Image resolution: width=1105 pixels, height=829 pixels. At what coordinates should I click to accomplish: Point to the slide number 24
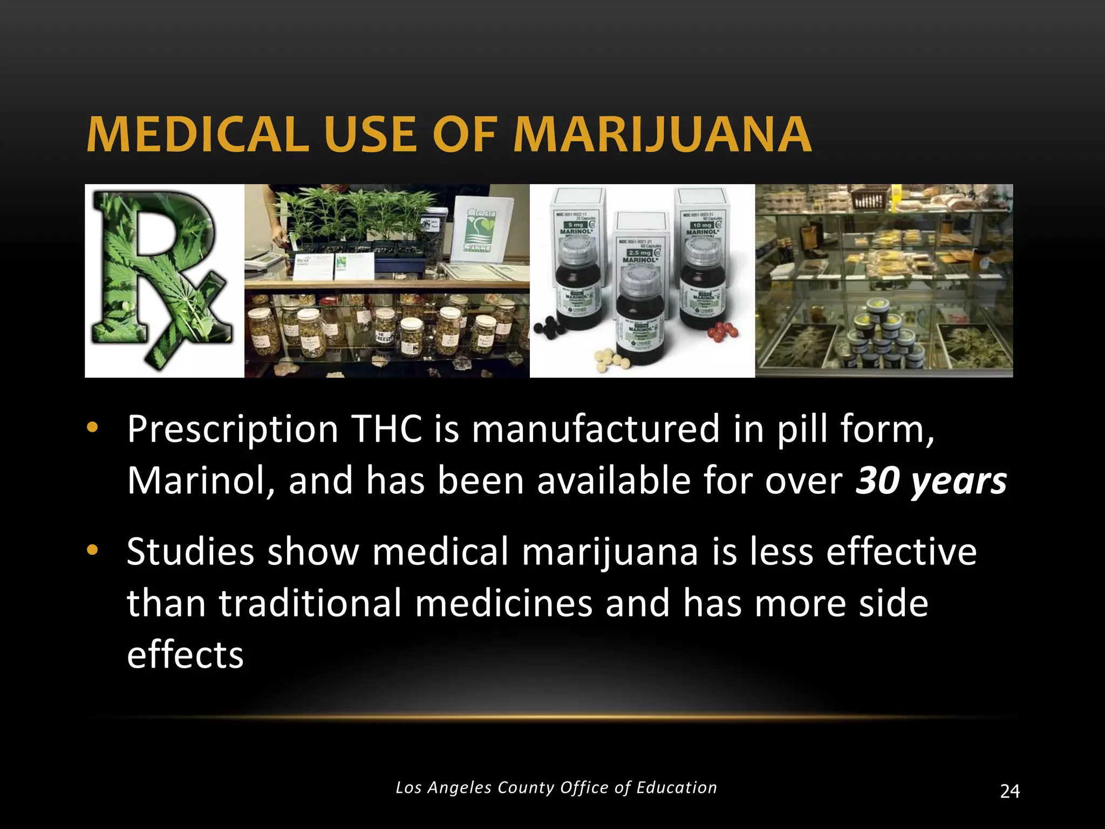click(1009, 792)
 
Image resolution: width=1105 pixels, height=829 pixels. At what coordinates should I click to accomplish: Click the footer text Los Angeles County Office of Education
click(556, 787)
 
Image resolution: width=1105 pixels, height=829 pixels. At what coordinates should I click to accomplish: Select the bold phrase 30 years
click(931, 480)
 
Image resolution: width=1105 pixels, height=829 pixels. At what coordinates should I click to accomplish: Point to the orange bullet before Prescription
click(92, 428)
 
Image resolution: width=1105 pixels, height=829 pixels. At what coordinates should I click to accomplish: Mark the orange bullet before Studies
click(92, 551)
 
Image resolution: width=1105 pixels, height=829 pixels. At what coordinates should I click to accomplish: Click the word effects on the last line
click(185, 655)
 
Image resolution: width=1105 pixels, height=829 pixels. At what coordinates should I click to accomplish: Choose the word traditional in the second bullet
click(310, 603)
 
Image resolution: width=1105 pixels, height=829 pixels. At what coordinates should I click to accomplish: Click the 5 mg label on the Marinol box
click(573, 225)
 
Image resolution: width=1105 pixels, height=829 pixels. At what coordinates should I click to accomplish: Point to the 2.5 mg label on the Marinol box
click(639, 252)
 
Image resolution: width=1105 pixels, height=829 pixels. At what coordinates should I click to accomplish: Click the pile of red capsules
click(724, 329)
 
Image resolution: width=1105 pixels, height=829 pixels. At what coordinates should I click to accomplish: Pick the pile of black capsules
click(549, 327)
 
